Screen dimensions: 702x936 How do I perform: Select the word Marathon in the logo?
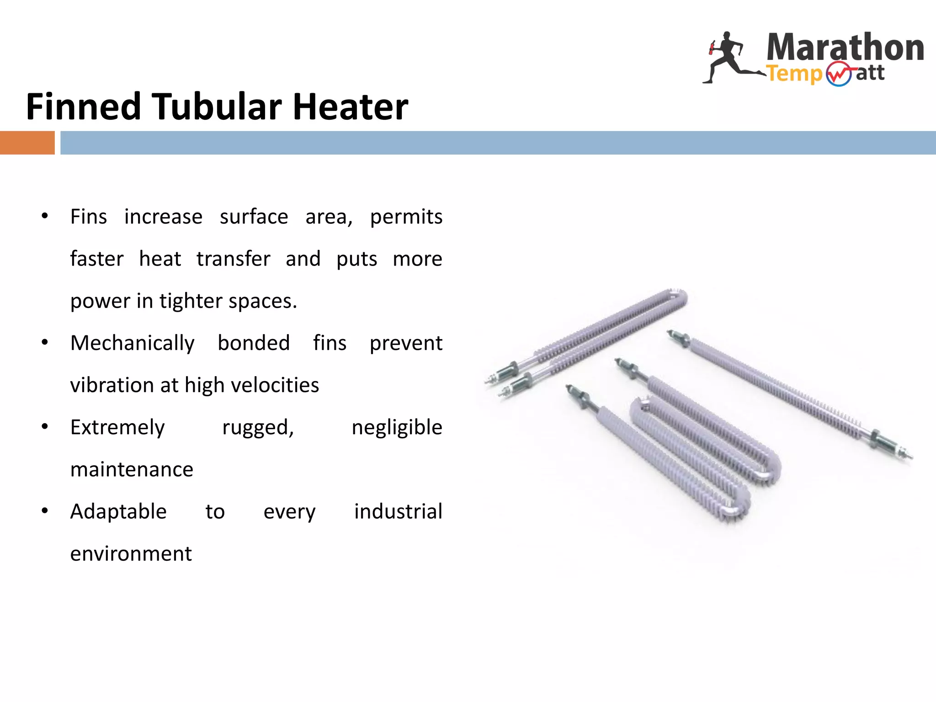tap(845, 48)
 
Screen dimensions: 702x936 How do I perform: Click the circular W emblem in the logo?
tap(839, 74)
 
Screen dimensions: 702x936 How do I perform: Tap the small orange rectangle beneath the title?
tap(27, 143)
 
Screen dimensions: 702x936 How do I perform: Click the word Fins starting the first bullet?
tap(89, 217)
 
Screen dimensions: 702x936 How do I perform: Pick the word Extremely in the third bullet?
tap(117, 428)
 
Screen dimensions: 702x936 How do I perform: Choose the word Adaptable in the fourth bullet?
tap(118, 511)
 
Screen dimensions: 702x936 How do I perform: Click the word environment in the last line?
tap(131, 554)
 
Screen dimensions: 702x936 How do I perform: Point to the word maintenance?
tap(132, 470)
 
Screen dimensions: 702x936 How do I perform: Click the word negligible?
tap(397, 428)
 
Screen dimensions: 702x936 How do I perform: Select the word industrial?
tap(398, 511)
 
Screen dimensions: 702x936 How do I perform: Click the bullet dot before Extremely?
tap(45, 427)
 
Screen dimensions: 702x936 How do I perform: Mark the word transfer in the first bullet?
tap(233, 259)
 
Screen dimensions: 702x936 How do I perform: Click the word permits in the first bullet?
tap(406, 217)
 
